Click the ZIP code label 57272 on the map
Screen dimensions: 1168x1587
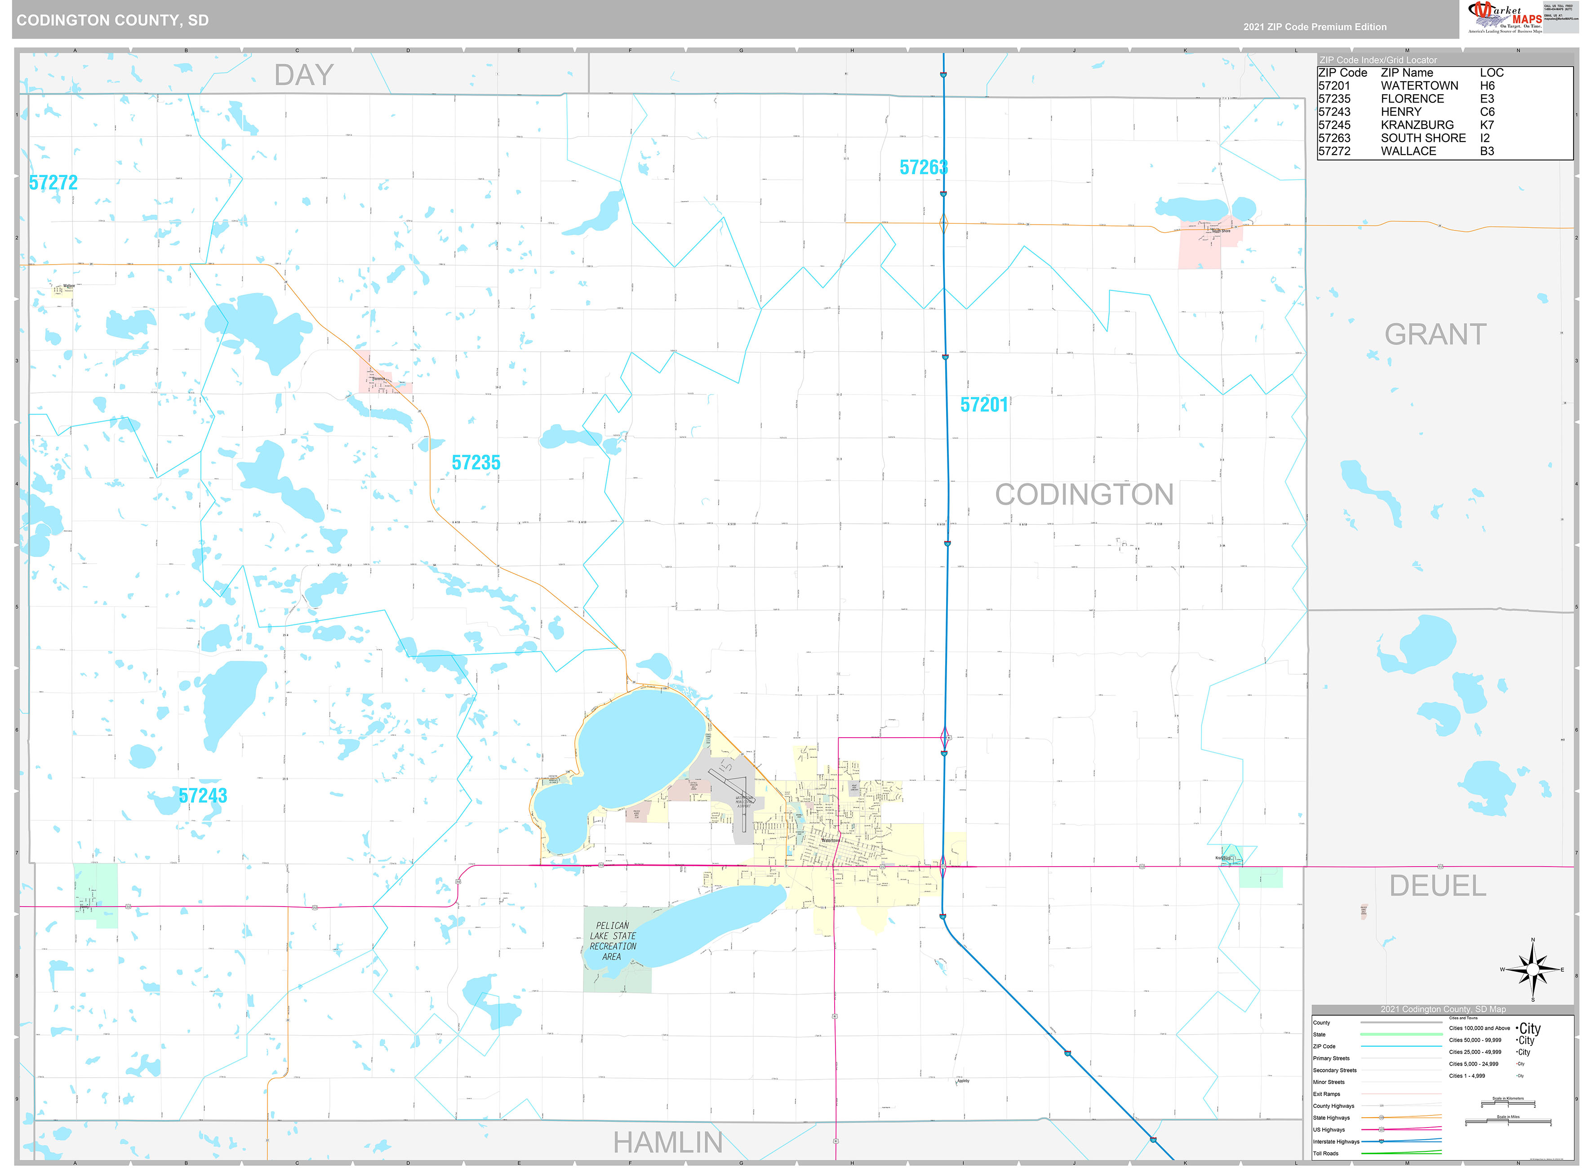(53, 182)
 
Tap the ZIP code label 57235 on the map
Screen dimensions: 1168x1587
(476, 462)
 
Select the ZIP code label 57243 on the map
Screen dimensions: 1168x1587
(203, 796)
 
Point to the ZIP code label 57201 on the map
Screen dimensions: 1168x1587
(984, 404)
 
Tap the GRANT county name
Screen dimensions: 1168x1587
(1435, 334)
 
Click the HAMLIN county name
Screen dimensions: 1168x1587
(667, 1142)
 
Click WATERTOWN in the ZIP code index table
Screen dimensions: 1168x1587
(1419, 85)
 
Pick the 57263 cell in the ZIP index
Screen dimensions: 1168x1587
(1334, 138)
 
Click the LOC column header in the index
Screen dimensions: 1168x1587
(1492, 73)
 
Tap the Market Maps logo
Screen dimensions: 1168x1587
(1505, 18)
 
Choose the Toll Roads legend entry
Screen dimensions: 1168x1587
(1325, 1154)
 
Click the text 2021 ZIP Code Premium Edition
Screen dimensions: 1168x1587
(1315, 27)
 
